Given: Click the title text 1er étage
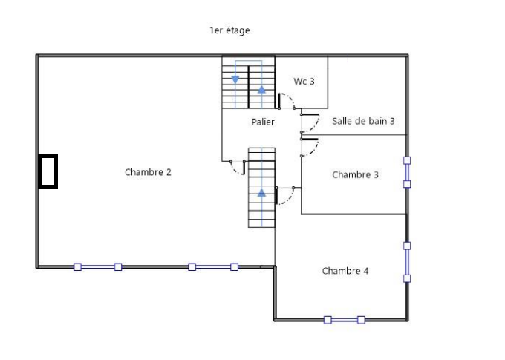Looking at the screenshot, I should [229, 30].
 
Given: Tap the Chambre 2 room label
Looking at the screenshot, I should [148, 172].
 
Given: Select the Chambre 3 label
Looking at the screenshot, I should [355, 175].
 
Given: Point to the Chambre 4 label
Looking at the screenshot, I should [345, 271].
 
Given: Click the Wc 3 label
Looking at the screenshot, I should [304, 82].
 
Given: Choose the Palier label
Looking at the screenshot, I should [262, 122].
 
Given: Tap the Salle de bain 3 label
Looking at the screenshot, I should [363, 121].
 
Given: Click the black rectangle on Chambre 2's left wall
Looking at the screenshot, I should [48, 171].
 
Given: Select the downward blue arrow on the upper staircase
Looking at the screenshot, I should [235, 79].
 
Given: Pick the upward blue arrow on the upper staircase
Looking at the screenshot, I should [261, 90].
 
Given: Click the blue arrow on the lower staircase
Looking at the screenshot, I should [261, 192].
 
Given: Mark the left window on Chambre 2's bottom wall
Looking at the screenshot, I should [97, 266].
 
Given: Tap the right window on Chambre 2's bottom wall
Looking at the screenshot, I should [212, 266].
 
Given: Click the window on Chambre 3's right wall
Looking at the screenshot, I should [407, 171].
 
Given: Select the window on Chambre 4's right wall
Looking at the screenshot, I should [407, 261].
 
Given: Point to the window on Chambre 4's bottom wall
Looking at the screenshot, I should [344, 320].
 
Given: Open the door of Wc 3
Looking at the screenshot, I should [287, 102].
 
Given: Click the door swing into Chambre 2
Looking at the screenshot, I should [238, 168].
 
